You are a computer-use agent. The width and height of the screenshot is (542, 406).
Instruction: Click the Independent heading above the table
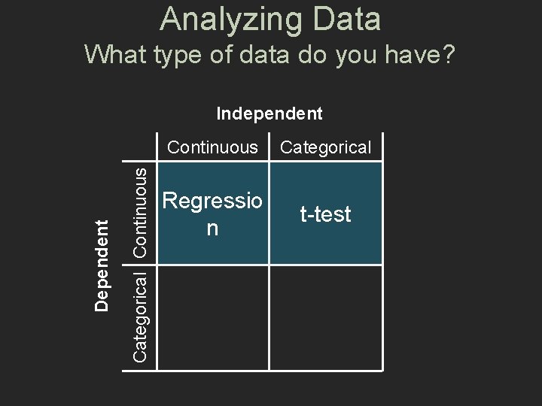(269, 114)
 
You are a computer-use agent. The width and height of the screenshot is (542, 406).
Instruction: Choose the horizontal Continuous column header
(212, 147)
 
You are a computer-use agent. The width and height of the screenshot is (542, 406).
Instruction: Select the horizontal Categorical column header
(326, 147)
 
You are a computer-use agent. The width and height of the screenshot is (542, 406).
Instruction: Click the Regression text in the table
(213, 202)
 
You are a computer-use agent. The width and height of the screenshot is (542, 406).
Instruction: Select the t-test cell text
(325, 215)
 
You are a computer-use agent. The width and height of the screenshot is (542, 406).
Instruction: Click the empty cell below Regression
(213, 317)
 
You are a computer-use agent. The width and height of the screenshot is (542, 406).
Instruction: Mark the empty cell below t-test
(325, 317)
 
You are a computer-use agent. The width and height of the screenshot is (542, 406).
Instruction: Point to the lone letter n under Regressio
(213, 228)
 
